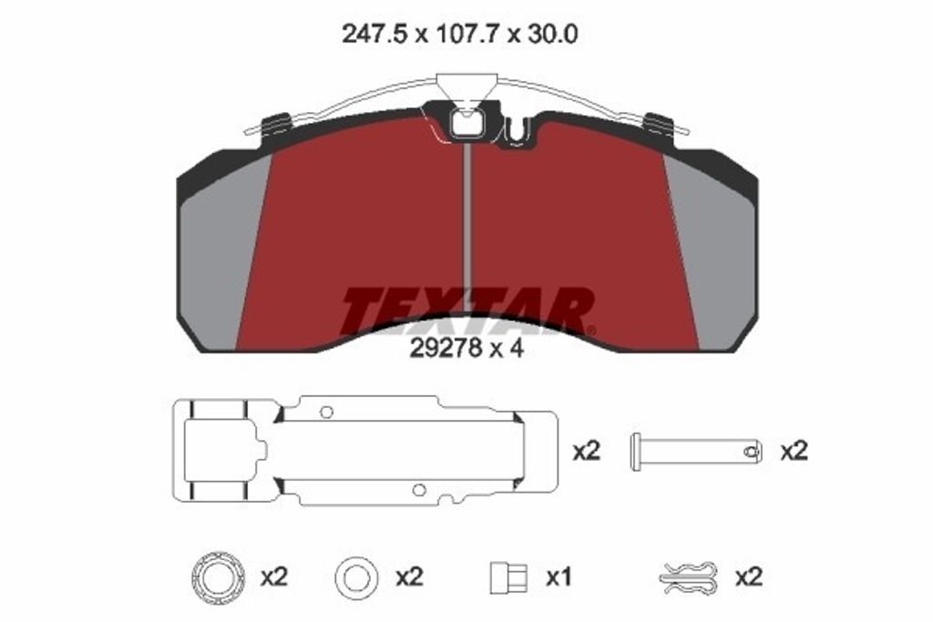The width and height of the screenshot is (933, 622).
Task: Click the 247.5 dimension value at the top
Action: coord(374,35)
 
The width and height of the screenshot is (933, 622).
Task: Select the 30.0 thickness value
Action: coord(549,35)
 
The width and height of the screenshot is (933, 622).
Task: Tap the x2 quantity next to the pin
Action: coord(794,452)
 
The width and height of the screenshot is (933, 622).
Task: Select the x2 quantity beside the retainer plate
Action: coord(586,452)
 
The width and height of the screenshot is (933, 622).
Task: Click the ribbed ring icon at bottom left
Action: coord(218,576)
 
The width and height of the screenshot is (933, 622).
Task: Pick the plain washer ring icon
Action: coord(356,576)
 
